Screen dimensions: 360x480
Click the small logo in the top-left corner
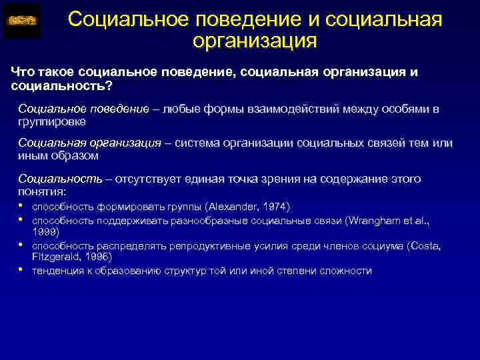coord(22,21)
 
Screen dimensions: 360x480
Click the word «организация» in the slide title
coord(255,41)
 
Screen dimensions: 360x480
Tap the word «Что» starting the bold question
coord(25,72)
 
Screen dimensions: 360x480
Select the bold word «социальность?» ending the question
coord(62,86)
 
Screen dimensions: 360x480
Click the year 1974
coord(271,207)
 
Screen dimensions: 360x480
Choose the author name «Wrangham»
coord(373,219)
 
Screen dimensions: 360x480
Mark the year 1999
coord(45,231)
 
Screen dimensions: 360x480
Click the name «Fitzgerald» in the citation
coord(58,257)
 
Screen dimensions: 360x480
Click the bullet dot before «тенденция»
coord(22,270)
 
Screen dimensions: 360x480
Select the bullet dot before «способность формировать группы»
coord(22,206)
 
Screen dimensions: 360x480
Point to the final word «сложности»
coord(346,271)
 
